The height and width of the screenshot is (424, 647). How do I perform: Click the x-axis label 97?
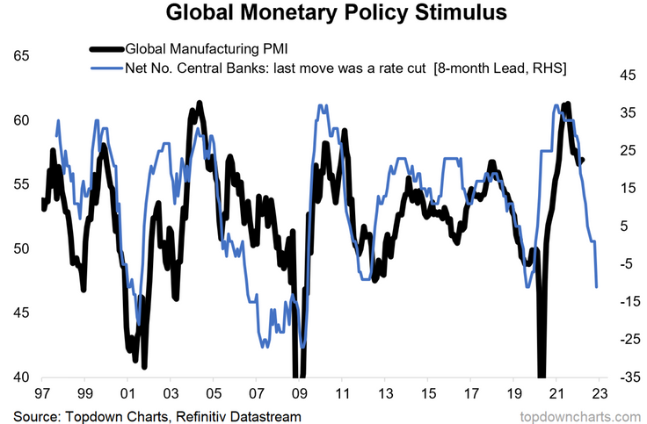pos(42,394)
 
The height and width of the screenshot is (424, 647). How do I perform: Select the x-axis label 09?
pos(300,394)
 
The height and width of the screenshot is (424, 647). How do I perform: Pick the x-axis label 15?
pos(428,394)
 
